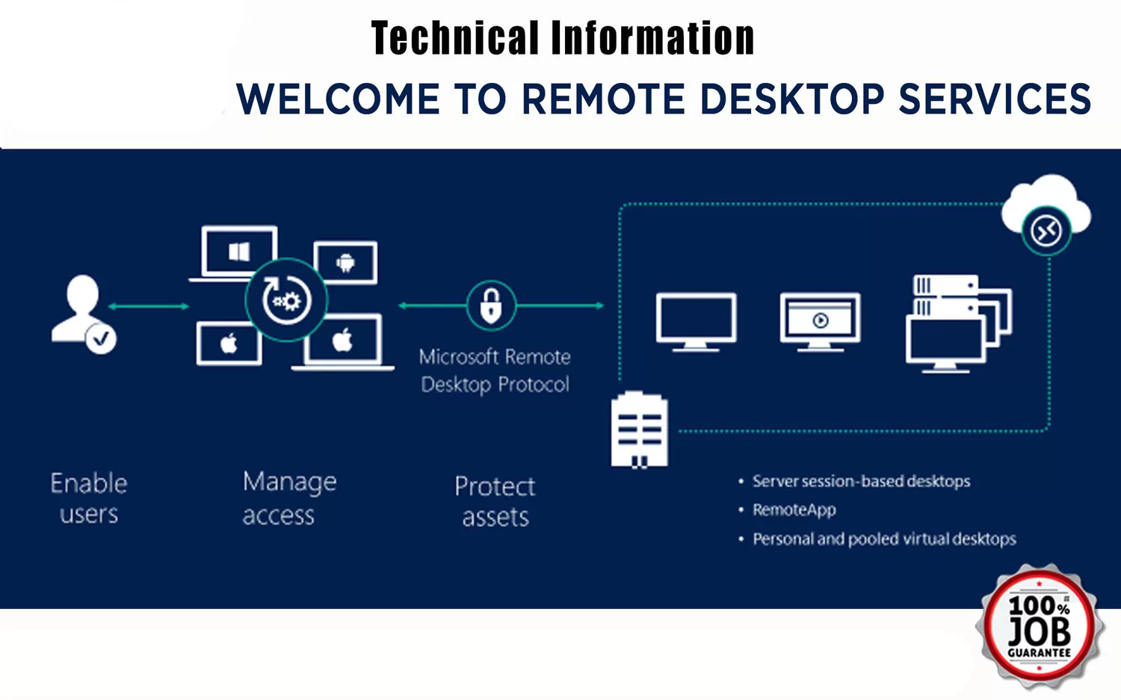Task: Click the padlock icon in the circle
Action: pyautogui.click(x=491, y=306)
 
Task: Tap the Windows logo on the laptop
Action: pyautogui.click(x=239, y=251)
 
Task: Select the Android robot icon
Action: pyautogui.click(x=345, y=263)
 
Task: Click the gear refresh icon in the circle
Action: pyautogui.click(x=286, y=300)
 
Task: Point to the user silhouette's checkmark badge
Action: pyautogui.click(x=101, y=338)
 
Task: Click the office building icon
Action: pyautogui.click(x=639, y=430)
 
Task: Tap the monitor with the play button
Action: pyautogui.click(x=821, y=322)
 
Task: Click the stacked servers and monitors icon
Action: pyautogui.click(x=958, y=323)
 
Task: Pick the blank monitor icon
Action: pyautogui.click(x=696, y=322)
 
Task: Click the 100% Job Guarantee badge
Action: pyautogui.click(x=1040, y=627)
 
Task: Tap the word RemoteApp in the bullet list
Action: pyautogui.click(x=794, y=509)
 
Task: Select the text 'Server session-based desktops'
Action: pyautogui.click(x=861, y=481)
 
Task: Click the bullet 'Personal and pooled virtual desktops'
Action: pyautogui.click(x=884, y=539)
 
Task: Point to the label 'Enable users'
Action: pyautogui.click(x=89, y=498)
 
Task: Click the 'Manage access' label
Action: pyautogui.click(x=289, y=498)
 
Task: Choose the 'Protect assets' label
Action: pyautogui.click(x=495, y=501)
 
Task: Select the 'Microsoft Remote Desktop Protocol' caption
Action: pyautogui.click(x=495, y=371)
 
